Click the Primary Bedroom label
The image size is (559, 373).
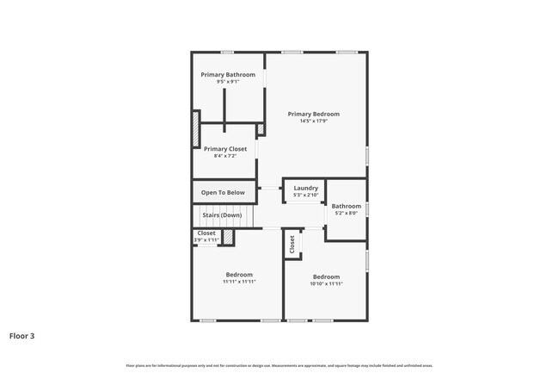[313, 114]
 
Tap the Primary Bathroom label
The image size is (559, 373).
[228, 75]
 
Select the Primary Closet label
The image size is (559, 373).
[225, 149]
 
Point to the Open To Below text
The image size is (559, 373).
[223, 193]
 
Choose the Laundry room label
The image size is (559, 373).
[305, 188]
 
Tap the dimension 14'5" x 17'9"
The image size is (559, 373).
[313, 121]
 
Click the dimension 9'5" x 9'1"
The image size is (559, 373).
[228, 82]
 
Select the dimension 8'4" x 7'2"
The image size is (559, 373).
[225, 156]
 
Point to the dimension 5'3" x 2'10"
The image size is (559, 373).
[305, 196]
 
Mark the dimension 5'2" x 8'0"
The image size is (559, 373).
[347, 214]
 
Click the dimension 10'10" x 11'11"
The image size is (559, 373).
[326, 283]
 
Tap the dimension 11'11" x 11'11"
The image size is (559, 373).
[239, 282]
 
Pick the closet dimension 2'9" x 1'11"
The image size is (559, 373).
[206, 239]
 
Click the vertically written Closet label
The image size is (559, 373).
[292, 245]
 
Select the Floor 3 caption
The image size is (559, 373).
[21, 335]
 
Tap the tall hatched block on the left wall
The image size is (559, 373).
[196, 129]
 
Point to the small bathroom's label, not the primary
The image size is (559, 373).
[347, 206]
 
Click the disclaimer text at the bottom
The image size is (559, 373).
[279, 365]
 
